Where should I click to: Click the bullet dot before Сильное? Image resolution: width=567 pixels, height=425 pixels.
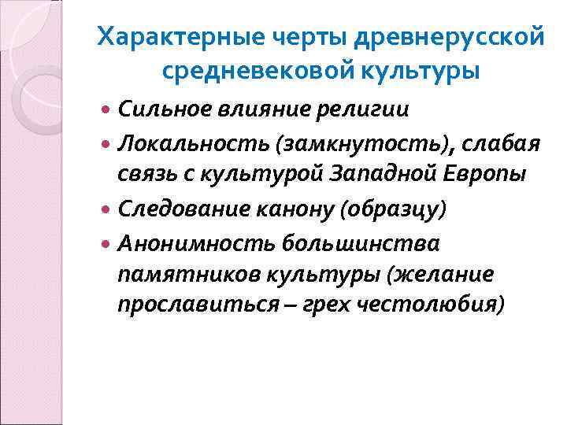point(108,110)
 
